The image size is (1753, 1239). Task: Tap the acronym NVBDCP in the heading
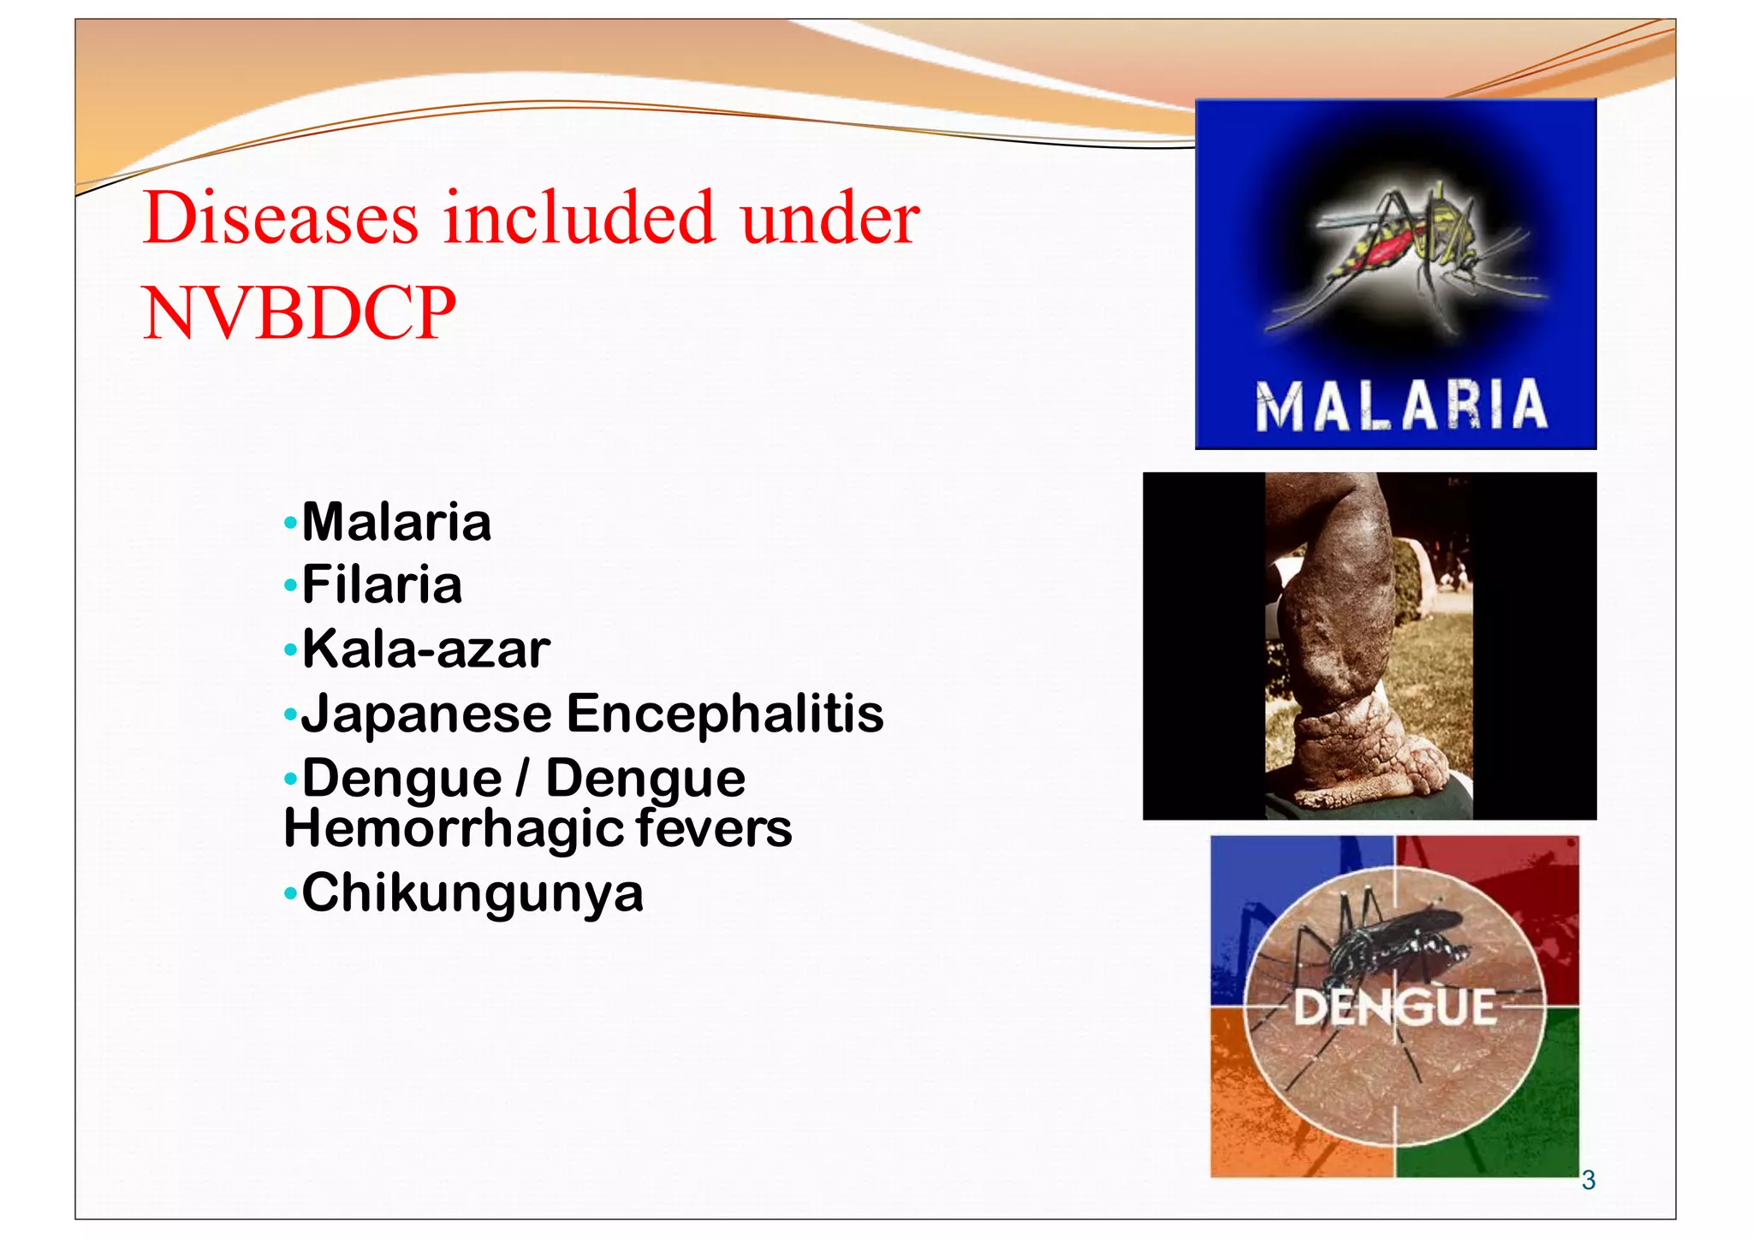(299, 314)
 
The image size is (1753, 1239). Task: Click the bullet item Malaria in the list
(396, 522)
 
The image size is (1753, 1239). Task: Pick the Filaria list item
(382, 585)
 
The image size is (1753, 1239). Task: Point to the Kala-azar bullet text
(425, 649)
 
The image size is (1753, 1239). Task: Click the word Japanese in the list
(426, 714)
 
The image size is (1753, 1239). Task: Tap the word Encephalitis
(725, 713)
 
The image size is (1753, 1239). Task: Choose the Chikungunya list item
(472, 893)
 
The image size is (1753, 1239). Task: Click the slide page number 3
(1588, 1181)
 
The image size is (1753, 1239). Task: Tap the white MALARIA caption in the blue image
(1401, 406)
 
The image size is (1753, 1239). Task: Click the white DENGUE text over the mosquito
(1394, 1007)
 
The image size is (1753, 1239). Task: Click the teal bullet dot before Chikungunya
(291, 894)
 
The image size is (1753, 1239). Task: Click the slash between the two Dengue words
(523, 778)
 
